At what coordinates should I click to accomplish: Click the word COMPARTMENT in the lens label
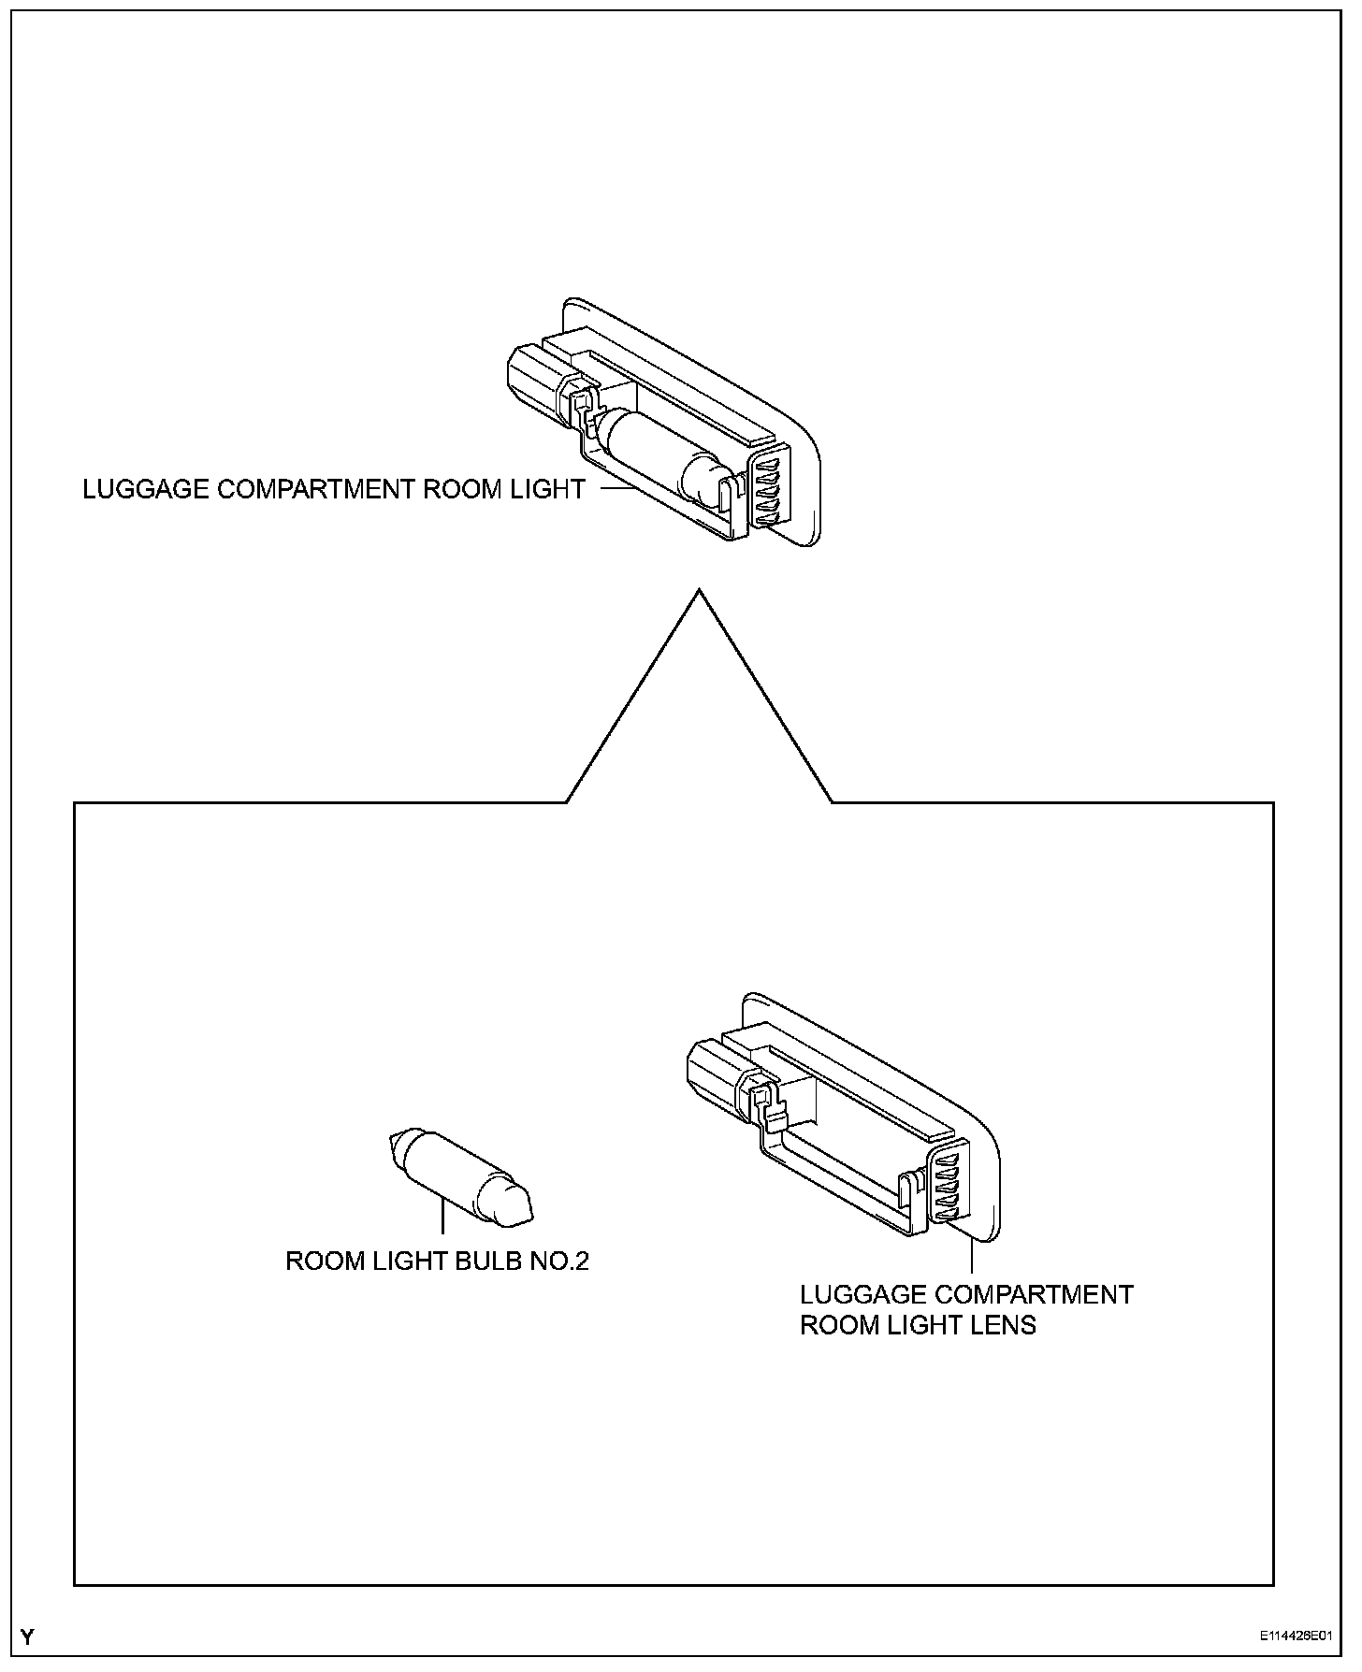pos(1035,1295)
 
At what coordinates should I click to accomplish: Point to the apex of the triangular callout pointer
pos(699,591)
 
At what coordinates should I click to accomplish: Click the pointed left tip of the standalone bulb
pos(391,1140)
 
